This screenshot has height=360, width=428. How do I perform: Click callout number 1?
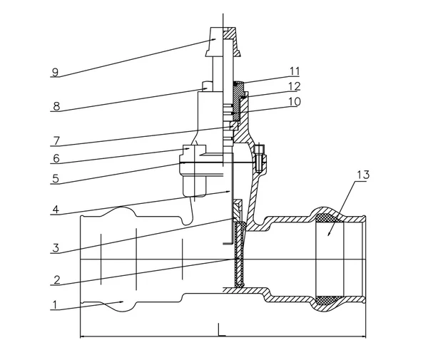click(x=55, y=304)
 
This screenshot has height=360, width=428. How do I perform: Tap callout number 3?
click(x=55, y=248)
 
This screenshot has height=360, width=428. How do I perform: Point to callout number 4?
click(x=55, y=210)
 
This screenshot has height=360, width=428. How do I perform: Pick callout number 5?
click(x=55, y=179)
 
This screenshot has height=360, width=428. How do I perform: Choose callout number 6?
click(x=55, y=158)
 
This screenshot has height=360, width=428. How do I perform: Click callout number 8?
click(x=55, y=107)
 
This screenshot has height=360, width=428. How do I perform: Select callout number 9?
click(x=55, y=72)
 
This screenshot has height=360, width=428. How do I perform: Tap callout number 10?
click(x=293, y=101)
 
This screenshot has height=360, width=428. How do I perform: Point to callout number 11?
click(x=293, y=71)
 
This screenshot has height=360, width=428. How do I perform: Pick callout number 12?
click(x=293, y=86)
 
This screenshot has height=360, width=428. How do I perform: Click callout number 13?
click(x=364, y=175)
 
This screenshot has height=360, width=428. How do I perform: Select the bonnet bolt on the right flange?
click(x=260, y=158)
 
